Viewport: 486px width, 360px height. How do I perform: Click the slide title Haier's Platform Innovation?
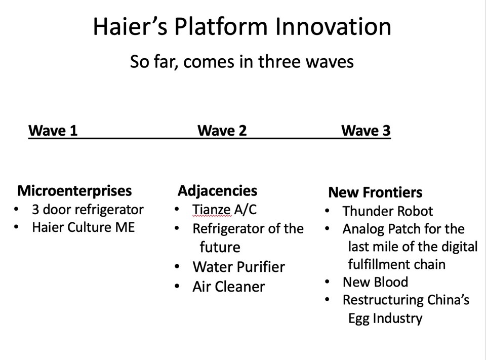tap(242, 27)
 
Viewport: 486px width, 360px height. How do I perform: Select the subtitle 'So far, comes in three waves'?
tap(241, 62)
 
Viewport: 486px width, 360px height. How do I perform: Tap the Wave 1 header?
tap(53, 131)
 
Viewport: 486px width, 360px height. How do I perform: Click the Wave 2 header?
tap(222, 131)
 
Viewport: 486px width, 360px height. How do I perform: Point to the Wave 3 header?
tap(366, 131)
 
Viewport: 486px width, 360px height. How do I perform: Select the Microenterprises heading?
tap(74, 191)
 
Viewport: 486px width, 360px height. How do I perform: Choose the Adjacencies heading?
tap(217, 191)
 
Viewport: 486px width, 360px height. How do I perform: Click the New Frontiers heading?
tap(375, 192)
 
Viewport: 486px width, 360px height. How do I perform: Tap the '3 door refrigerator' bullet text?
tap(88, 210)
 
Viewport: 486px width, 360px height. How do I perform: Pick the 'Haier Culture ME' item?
tap(83, 227)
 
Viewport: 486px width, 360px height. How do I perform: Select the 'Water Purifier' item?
tap(238, 267)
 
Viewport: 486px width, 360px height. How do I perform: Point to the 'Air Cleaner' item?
tap(228, 287)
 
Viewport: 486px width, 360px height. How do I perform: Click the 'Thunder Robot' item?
tap(387, 211)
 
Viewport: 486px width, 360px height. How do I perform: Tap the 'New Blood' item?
tap(375, 282)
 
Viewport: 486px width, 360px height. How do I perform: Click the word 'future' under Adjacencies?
tap(220, 248)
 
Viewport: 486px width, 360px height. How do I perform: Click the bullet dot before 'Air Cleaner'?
tap(177, 287)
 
